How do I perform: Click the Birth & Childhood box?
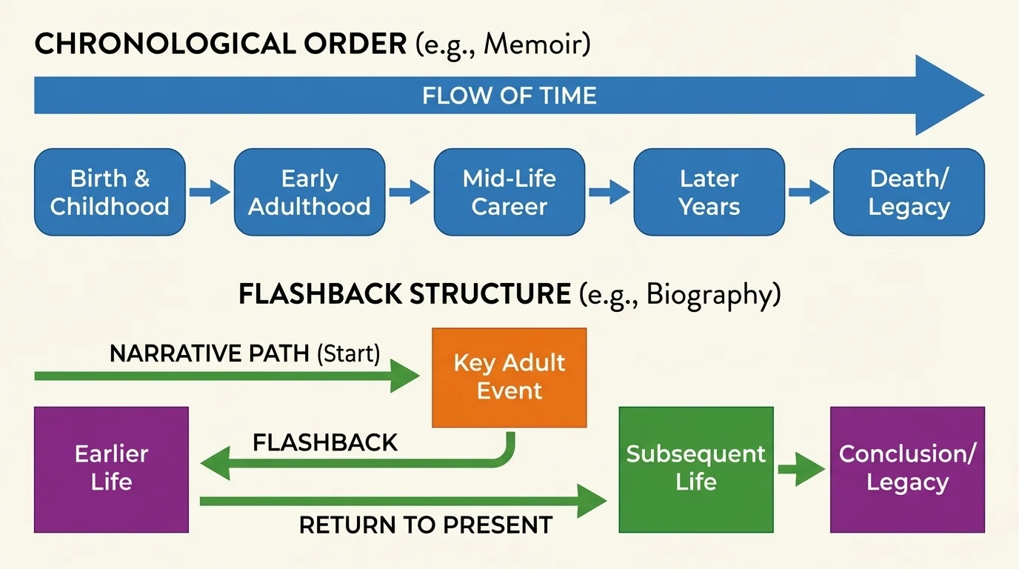coord(110,192)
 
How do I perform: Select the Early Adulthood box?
coord(310,192)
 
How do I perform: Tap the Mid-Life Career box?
coord(509,192)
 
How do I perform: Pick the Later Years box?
coord(709,192)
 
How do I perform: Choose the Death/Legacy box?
coord(909,192)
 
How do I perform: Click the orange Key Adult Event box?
coord(509,377)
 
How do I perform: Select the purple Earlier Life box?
coord(111,469)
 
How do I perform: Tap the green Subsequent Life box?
coord(695,469)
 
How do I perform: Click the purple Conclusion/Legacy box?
coord(907,469)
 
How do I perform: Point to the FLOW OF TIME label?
coord(509,96)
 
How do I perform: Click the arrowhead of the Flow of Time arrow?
coord(948,96)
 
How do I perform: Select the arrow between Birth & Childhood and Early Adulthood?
coord(210,193)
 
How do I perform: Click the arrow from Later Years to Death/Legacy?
coord(809,193)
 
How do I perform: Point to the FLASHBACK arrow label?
coord(325,442)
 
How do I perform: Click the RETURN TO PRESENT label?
coord(425,525)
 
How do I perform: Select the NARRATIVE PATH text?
coord(210,353)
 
